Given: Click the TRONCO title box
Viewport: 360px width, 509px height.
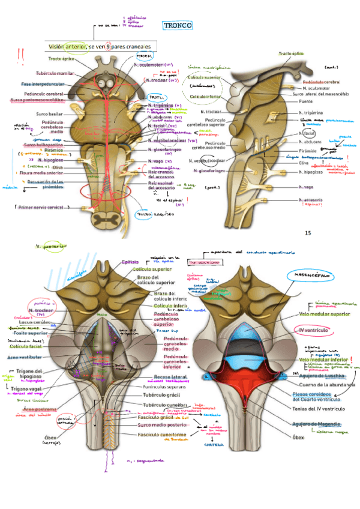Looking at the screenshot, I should tap(178, 25).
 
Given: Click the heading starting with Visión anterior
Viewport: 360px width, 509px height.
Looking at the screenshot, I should tap(99, 46).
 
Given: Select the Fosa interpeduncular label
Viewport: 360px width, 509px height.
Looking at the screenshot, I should tap(43, 84).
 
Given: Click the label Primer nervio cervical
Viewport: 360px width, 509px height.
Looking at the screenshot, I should tap(40, 208).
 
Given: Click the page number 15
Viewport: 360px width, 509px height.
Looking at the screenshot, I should tap(308, 233).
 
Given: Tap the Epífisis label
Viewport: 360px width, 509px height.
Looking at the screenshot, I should tap(131, 262).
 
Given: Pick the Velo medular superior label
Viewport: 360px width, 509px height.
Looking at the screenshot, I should tap(323, 313).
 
